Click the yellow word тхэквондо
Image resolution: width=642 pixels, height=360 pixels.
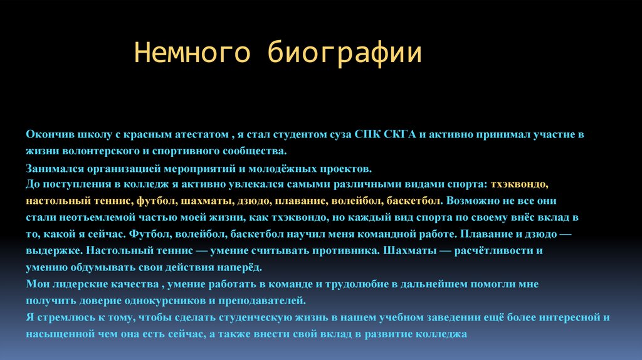point(520,185)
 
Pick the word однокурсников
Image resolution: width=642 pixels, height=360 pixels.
point(153,300)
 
